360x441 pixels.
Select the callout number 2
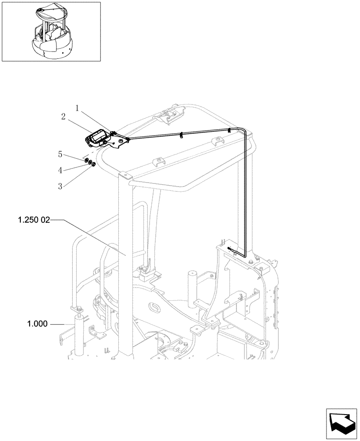[64, 116]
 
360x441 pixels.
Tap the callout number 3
[60, 186]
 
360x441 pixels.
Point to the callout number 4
[60, 170]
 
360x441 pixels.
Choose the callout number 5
[60, 155]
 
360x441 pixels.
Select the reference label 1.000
[37, 325]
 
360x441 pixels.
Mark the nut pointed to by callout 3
[94, 165]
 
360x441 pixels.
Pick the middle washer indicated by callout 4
[90, 163]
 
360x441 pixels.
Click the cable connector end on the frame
[229, 249]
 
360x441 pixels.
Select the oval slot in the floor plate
[155, 306]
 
